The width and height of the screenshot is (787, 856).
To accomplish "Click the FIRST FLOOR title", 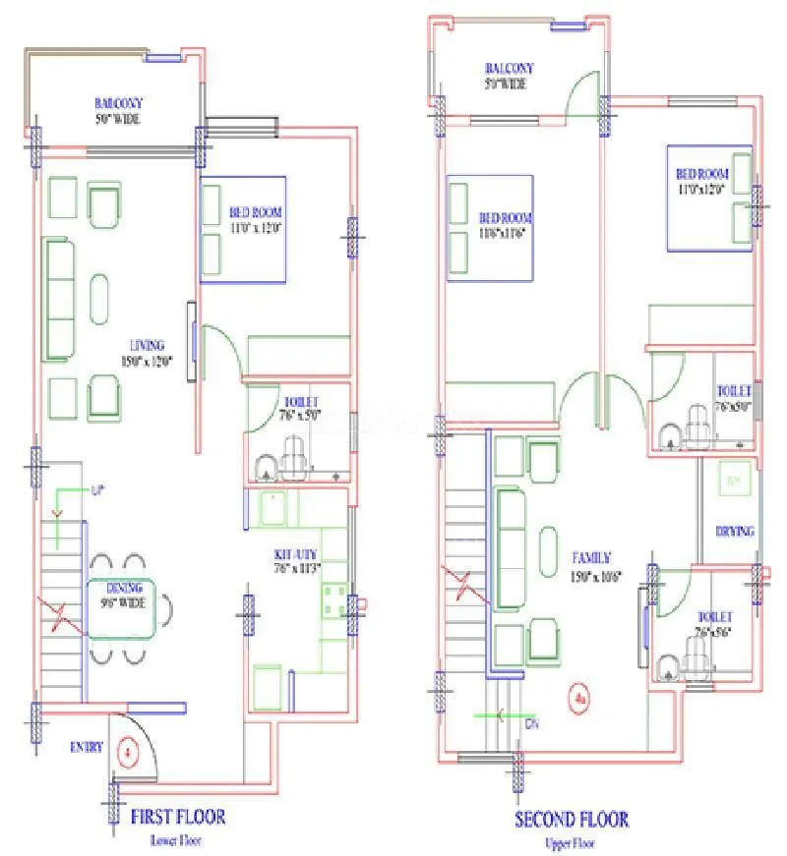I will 178,817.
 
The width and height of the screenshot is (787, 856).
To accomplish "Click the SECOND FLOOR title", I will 571,819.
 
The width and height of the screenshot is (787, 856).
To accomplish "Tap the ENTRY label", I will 86,747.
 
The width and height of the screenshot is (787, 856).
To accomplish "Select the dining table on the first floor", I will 121,609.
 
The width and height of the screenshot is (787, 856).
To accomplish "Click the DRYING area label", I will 734,532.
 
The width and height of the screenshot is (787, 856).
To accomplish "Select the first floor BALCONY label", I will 119,103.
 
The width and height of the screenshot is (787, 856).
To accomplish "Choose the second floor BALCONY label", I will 509,69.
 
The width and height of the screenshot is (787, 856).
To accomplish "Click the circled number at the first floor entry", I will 126,754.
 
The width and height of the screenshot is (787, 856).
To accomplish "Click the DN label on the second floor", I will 531,724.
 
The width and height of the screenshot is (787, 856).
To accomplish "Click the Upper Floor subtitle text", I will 571,842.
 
